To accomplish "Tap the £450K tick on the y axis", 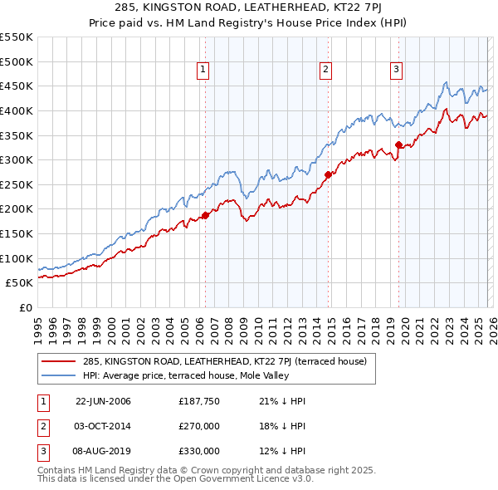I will point(17,86).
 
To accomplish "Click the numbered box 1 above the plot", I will point(204,70).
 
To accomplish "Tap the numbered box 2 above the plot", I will point(325,70).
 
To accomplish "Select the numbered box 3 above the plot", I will point(397,70).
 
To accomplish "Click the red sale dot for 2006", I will point(205,215).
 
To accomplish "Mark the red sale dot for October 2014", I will point(328,174).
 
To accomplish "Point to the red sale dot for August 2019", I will point(398,145).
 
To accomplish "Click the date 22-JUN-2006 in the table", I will point(103,401).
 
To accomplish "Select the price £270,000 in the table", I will point(199,426).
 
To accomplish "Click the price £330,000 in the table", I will point(199,451).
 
